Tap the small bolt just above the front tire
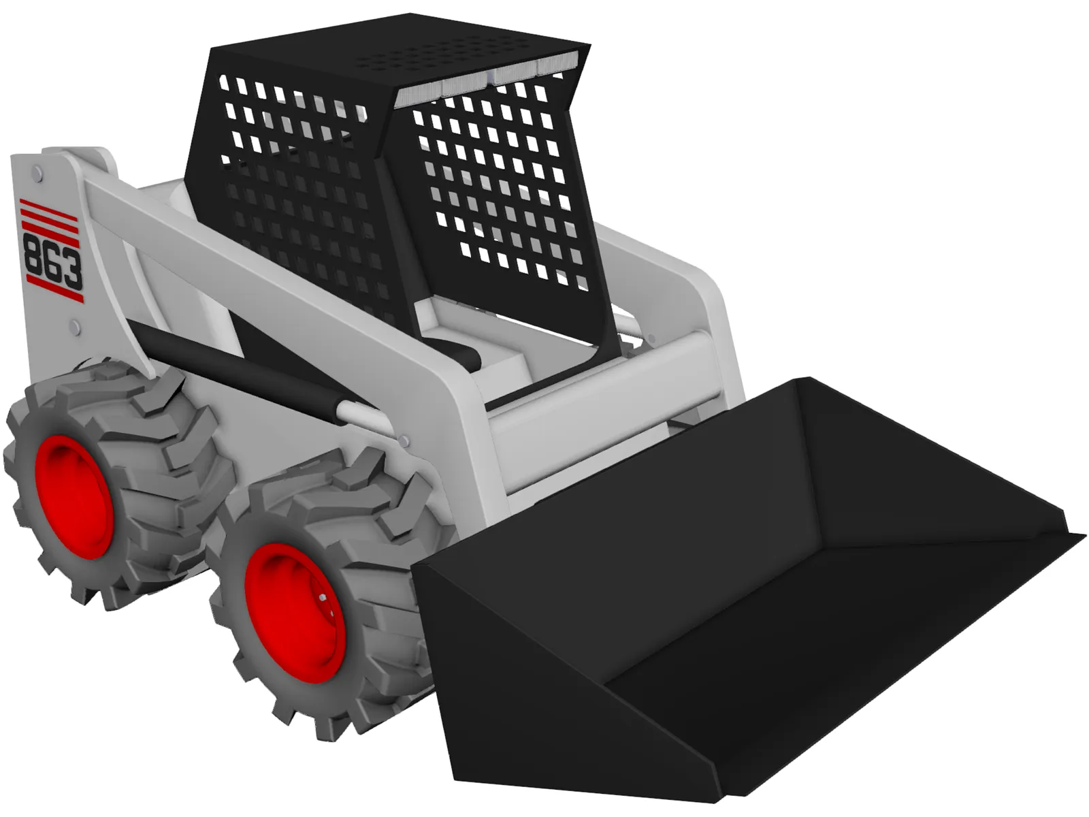pos(406,443)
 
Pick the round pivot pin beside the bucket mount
pos(651,338)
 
